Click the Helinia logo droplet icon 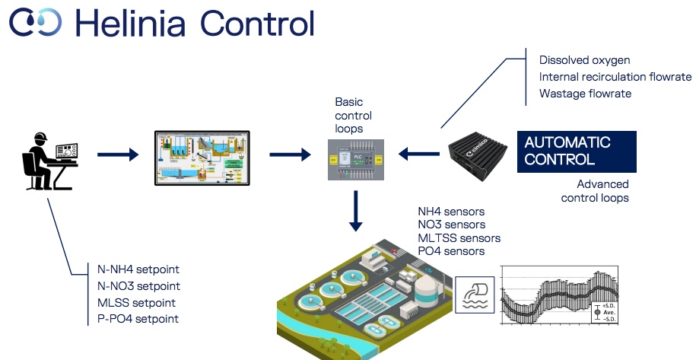click(x=34, y=22)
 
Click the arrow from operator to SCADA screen click(x=118, y=155)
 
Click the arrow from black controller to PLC click(x=419, y=155)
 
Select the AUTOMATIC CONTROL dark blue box click(x=577, y=151)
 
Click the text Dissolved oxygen click(x=584, y=60)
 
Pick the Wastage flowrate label click(x=585, y=94)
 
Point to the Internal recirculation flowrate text click(x=615, y=77)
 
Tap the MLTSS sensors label click(x=459, y=238)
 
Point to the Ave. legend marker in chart click(x=597, y=312)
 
